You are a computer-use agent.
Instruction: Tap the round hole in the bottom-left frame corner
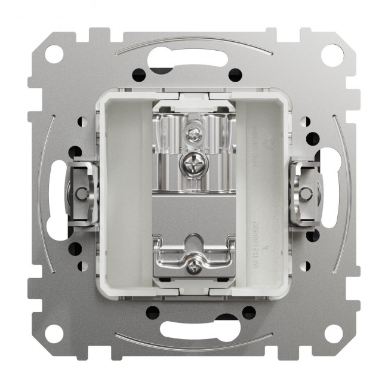tap(55, 333)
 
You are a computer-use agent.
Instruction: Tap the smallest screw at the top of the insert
tap(194, 136)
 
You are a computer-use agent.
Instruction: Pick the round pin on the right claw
tap(306, 193)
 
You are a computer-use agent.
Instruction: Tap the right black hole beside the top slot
tap(235, 74)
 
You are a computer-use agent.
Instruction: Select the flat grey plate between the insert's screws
tap(193, 212)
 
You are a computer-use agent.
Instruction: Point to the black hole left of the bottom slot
tap(153, 312)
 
